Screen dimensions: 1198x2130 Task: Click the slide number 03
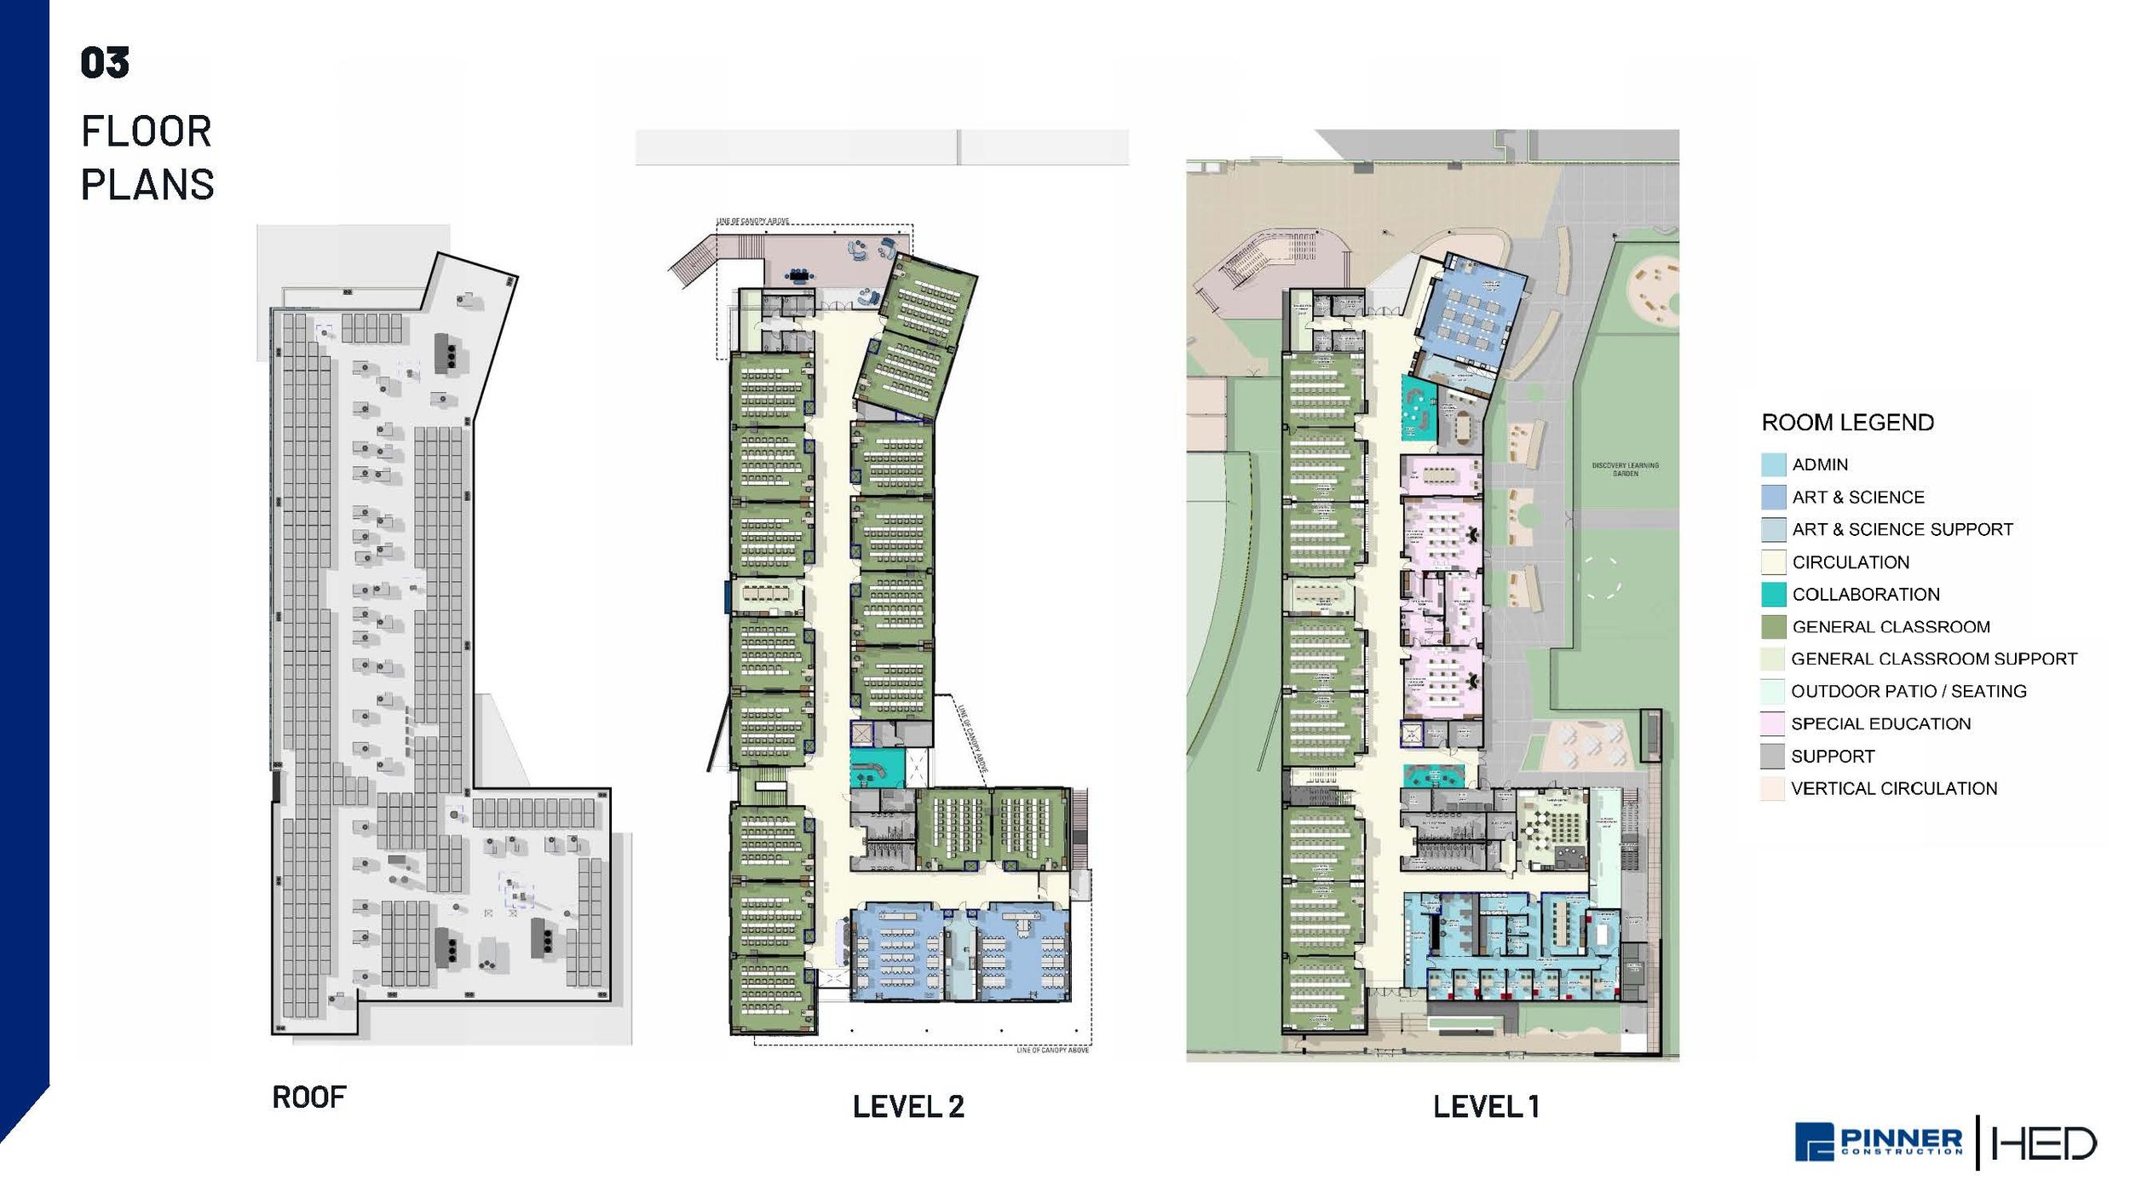[105, 63]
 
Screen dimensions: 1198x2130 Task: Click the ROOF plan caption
[308, 1097]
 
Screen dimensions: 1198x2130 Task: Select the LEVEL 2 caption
[908, 1107]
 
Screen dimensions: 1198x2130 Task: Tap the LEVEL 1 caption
[1486, 1107]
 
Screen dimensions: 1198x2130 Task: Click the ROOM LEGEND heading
[1847, 423]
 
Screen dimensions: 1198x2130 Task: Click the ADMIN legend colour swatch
[1773, 464]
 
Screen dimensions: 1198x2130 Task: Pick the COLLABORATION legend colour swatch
[1773, 594]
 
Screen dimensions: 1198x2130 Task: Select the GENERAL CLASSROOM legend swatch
[1773, 626]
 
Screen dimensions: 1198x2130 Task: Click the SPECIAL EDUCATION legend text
[1880, 723]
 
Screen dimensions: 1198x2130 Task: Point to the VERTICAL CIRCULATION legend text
[1893, 788]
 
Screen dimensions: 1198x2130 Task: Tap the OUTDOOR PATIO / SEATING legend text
[1908, 691]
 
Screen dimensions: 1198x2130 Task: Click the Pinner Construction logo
[1879, 1142]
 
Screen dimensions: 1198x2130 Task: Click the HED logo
[2043, 1143]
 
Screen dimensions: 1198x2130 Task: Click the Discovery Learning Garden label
[1625, 469]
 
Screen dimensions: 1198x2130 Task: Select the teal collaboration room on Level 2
[874, 768]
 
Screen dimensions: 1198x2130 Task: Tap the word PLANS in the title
[147, 185]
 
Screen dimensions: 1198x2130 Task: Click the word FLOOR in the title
[147, 132]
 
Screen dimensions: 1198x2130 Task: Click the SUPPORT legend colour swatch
[1773, 756]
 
